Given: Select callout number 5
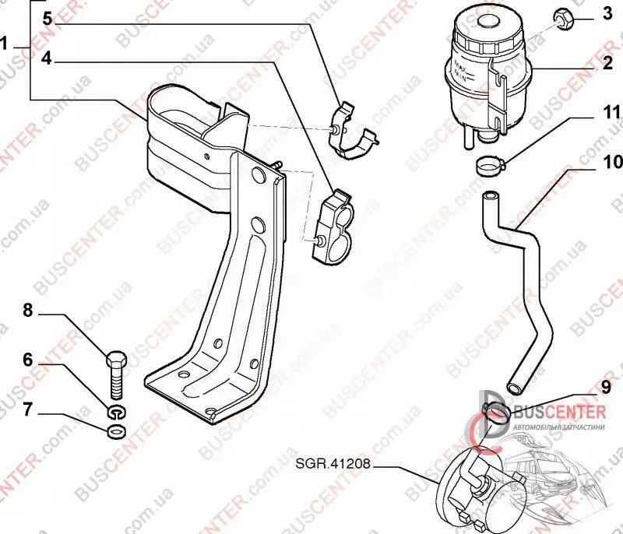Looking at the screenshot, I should tap(48, 18).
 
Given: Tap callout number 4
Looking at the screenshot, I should tap(48, 58).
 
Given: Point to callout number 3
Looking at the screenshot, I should tap(607, 14).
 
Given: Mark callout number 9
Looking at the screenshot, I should tap(607, 385).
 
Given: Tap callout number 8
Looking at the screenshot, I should tap(29, 311).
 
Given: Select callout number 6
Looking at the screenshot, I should tap(29, 360).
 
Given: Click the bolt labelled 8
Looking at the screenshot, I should tap(116, 374).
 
